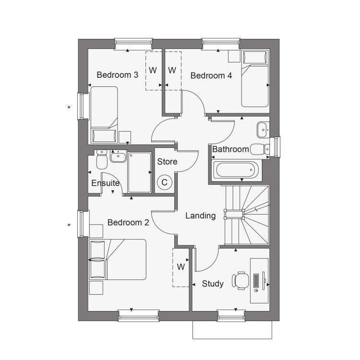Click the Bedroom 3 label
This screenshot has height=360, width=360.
(117, 75)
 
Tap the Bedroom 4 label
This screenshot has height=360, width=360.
(211, 75)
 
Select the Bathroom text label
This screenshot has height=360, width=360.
(230, 149)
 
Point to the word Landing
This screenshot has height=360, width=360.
(201, 216)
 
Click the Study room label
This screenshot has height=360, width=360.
(213, 284)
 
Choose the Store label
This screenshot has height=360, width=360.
(167, 162)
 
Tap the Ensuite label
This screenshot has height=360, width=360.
(106, 183)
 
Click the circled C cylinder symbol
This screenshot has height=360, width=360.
(164, 182)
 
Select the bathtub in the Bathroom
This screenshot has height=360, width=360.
(237, 170)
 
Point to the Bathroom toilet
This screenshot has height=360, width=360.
(260, 149)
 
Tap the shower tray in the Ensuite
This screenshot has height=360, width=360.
(140, 172)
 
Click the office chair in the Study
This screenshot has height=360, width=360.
(240, 281)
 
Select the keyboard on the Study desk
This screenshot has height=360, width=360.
(256, 281)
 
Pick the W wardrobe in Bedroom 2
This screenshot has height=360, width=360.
(181, 267)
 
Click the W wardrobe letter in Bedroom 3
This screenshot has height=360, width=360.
(153, 70)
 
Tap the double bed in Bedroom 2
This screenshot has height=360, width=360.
(118, 259)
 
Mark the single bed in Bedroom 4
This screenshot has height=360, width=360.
(255, 79)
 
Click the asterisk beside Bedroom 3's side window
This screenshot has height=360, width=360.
(69, 107)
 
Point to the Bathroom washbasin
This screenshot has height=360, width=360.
(262, 130)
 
